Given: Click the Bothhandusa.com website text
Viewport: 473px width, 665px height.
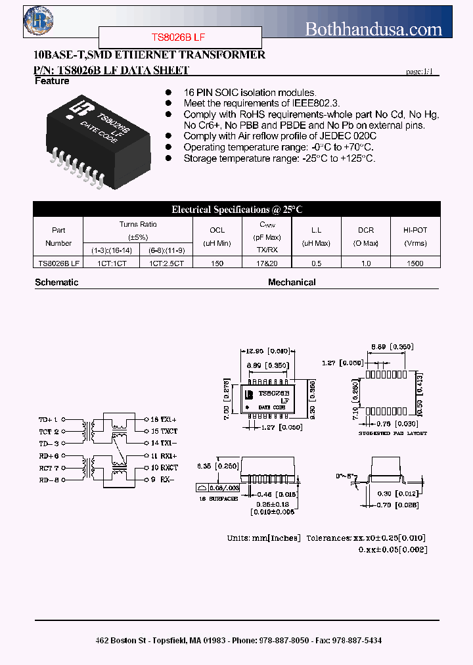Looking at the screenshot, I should point(374,29).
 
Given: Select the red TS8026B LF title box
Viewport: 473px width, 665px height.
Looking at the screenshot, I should point(180,38).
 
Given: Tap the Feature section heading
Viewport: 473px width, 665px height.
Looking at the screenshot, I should point(52,81).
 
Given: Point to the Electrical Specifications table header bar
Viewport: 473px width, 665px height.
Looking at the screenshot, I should point(236,210).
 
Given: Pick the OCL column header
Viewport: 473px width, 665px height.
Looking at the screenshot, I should point(217,230).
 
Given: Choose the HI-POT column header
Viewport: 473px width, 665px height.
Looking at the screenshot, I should point(415,230).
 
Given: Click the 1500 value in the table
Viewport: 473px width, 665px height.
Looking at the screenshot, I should point(415,264).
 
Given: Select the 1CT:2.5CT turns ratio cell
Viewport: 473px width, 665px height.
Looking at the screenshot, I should point(166,264).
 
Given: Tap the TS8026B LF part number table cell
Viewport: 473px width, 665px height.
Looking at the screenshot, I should point(58,264).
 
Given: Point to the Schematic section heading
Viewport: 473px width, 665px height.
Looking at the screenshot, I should point(56,283).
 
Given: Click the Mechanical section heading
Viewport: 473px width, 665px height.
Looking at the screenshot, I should point(292,283).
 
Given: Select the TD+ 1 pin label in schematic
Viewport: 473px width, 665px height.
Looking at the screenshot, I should point(49,419).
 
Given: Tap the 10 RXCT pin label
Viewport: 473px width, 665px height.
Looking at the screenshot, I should point(164,468).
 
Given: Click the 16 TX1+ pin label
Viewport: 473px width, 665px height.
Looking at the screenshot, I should point(164,419).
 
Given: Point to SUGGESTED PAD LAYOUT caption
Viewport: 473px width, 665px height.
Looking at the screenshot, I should point(392,434).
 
